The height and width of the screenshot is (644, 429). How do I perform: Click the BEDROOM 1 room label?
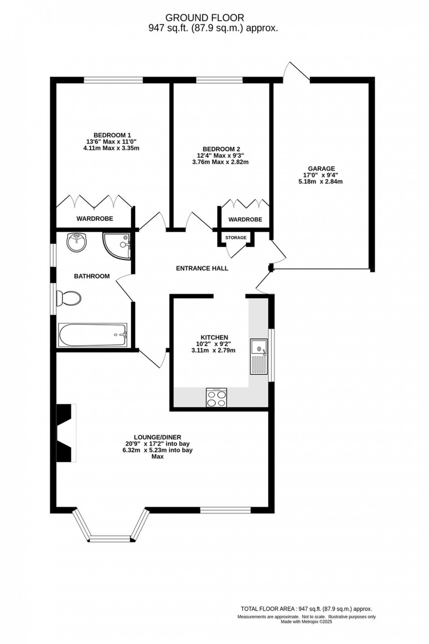tap(112, 135)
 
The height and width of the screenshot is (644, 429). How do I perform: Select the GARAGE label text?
tap(321, 168)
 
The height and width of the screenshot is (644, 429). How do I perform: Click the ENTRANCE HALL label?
tap(202, 268)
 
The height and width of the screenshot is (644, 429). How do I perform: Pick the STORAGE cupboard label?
tap(236, 237)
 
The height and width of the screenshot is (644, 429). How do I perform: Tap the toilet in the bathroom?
tap(69, 299)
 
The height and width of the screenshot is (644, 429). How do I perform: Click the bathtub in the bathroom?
tap(92, 335)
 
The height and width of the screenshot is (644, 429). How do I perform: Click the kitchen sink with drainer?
tap(259, 357)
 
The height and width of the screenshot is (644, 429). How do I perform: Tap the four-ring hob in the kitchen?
tap(216, 397)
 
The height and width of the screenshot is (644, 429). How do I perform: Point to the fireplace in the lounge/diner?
tap(66, 432)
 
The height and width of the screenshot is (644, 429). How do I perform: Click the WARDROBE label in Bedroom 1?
tap(95, 218)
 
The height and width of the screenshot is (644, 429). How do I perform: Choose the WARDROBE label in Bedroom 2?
tap(245, 219)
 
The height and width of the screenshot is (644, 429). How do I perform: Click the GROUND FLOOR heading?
tap(204, 18)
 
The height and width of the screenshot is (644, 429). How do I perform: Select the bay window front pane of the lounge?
tap(110, 538)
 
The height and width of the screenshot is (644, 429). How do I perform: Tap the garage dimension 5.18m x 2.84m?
tap(321, 181)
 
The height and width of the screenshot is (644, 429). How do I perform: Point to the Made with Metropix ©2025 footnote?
tap(306, 621)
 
